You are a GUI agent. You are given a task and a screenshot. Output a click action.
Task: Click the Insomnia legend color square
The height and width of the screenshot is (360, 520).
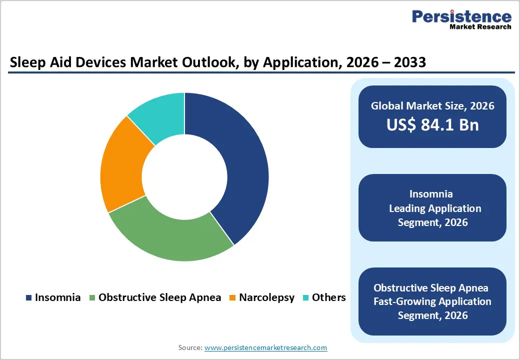tap(28, 298)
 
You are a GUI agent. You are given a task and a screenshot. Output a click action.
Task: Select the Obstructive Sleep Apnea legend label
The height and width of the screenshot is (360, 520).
tap(159, 297)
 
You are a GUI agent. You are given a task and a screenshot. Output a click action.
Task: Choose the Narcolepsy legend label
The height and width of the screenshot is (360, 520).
tap(266, 297)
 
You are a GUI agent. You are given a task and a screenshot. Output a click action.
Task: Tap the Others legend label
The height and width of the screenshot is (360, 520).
tap(328, 297)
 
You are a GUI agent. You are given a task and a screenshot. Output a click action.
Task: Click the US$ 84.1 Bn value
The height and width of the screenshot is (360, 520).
tap(432, 125)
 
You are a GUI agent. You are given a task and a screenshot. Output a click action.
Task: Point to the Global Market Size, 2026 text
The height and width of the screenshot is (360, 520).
tap(432, 105)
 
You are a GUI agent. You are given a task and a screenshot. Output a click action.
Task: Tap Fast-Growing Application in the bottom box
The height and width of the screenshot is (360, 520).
tap(432, 301)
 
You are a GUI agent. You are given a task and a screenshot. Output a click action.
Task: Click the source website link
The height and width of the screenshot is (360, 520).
tap(265, 347)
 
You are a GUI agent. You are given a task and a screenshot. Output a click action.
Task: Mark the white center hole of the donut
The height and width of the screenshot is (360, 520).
tap(184, 177)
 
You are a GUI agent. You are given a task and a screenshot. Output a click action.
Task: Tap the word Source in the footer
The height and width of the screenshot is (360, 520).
tap(189, 347)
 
